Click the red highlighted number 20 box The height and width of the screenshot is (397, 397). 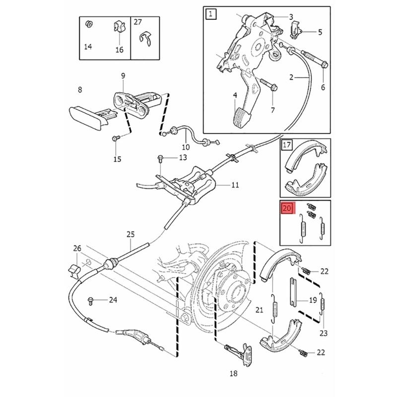coord(287,209)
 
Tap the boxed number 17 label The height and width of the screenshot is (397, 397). coord(287,145)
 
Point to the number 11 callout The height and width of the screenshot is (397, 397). coord(235,185)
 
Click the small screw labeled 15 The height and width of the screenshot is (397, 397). coord(115,138)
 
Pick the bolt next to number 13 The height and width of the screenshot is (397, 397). coord(160,158)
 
